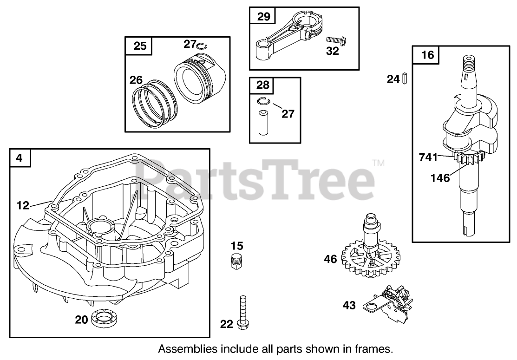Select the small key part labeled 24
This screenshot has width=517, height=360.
pos(405,79)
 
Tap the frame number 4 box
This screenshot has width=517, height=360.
pos(20,158)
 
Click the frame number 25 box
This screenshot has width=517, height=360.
pos(140,45)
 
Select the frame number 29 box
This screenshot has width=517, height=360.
pos(263,17)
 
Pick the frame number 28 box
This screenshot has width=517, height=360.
pos(262,85)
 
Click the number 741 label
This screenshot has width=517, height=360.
pos(428,157)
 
